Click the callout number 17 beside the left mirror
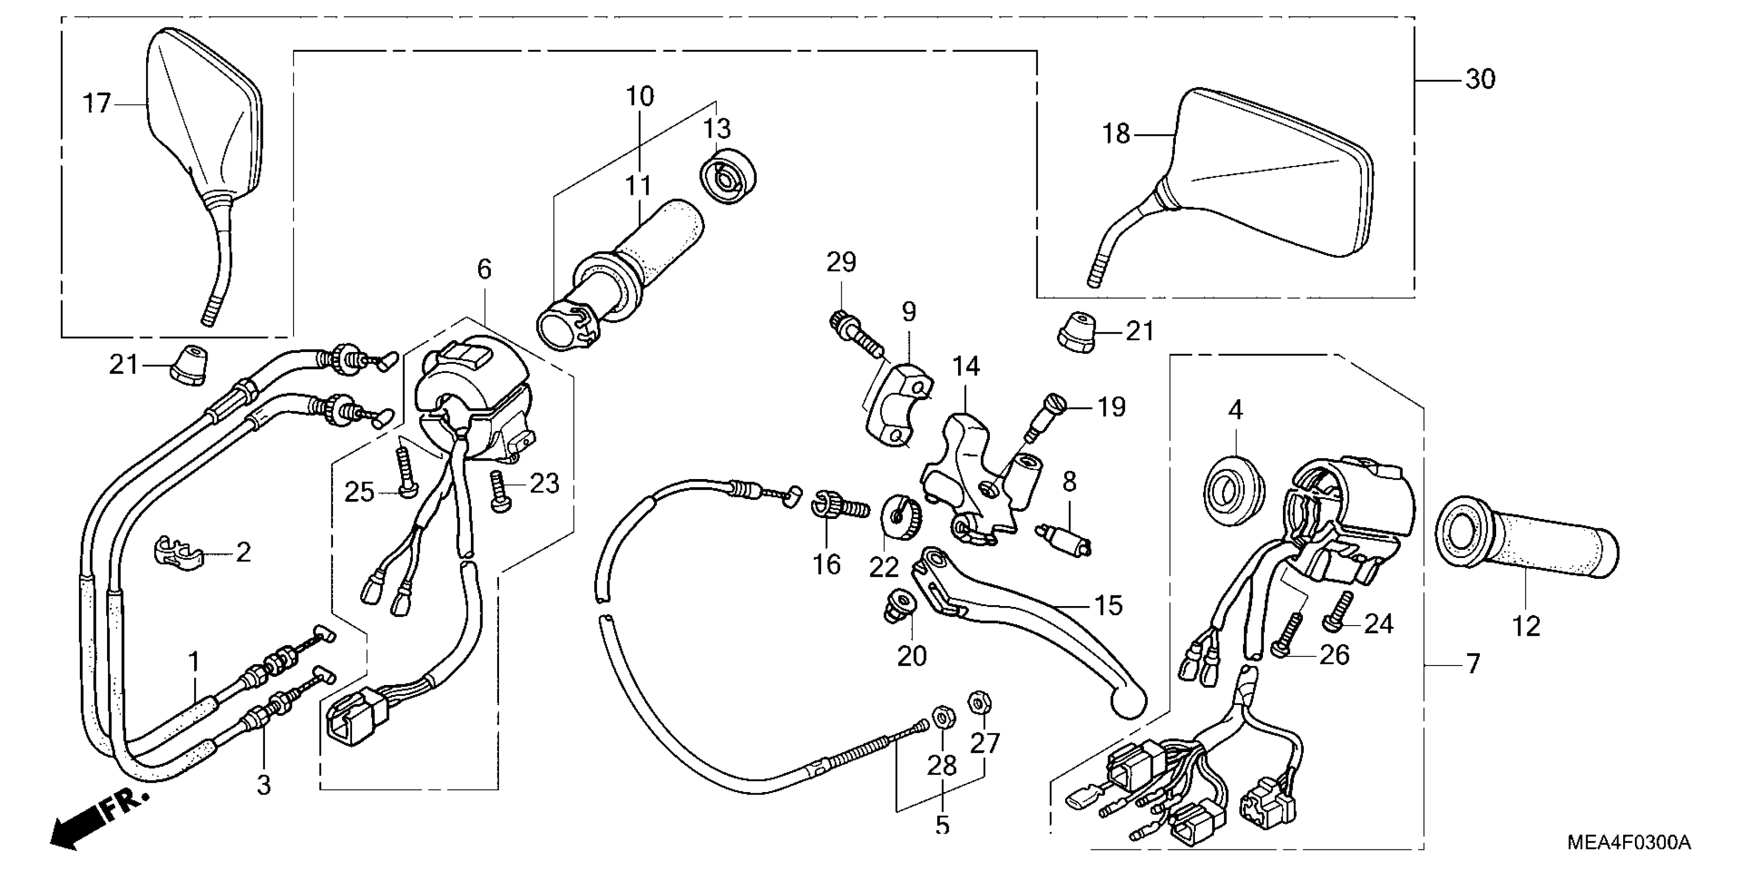[96, 104]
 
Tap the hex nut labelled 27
[979, 703]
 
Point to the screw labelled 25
[406, 473]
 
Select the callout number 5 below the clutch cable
[942, 825]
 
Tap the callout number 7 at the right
[1473, 664]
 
